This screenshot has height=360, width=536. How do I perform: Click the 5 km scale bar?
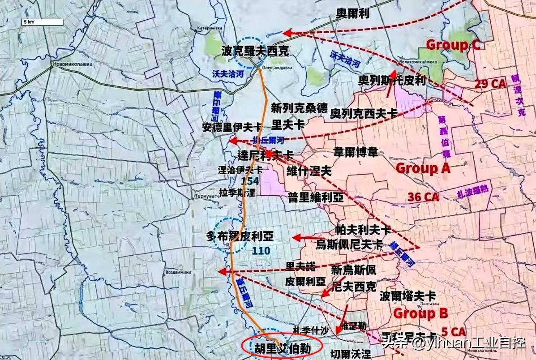click(x=34, y=21)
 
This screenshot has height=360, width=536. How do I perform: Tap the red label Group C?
click(x=452, y=44)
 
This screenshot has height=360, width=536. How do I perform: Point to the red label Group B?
click(x=420, y=313)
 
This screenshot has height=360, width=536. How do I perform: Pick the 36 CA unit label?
click(x=423, y=196)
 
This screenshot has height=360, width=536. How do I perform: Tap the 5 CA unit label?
click(x=454, y=332)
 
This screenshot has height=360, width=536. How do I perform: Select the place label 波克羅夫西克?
click(x=255, y=52)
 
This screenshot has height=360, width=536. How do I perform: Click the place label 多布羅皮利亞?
click(x=240, y=236)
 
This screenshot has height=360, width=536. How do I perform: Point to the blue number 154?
click(x=250, y=181)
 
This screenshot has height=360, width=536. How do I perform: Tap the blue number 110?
click(x=261, y=250)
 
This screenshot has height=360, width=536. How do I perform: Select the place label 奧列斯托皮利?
click(x=392, y=81)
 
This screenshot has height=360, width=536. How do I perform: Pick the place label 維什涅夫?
click(x=309, y=171)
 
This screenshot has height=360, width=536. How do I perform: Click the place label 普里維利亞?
click(x=316, y=197)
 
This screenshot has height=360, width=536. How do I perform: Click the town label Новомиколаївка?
click(x=73, y=64)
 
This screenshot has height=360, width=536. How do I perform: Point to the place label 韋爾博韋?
click(x=356, y=152)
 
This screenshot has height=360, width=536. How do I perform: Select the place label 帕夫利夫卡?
click(x=363, y=230)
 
